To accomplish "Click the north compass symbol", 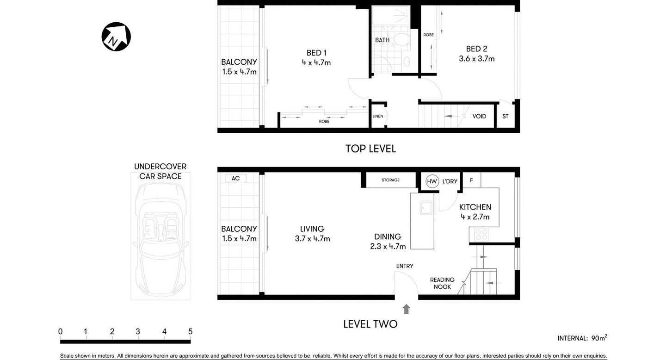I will [x=116, y=37].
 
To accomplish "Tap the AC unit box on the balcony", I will [x=235, y=178].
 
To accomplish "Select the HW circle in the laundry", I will [x=432, y=181].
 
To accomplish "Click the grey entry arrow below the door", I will [x=406, y=309].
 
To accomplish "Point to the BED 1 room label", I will [x=316, y=53].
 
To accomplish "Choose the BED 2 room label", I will [x=476, y=49].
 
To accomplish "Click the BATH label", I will [x=382, y=40].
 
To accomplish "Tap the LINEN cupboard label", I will [x=378, y=116].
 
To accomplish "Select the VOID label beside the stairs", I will [x=479, y=116].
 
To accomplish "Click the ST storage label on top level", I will [x=505, y=116].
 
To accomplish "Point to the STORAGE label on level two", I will [x=390, y=180].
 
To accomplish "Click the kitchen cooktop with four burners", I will [x=481, y=235].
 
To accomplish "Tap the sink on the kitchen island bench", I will [x=426, y=208].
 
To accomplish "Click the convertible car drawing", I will [x=160, y=236].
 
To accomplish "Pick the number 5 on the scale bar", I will [x=190, y=331].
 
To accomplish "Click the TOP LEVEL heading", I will [x=370, y=149].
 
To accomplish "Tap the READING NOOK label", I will [x=442, y=283].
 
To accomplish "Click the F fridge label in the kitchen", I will [x=471, y=180].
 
